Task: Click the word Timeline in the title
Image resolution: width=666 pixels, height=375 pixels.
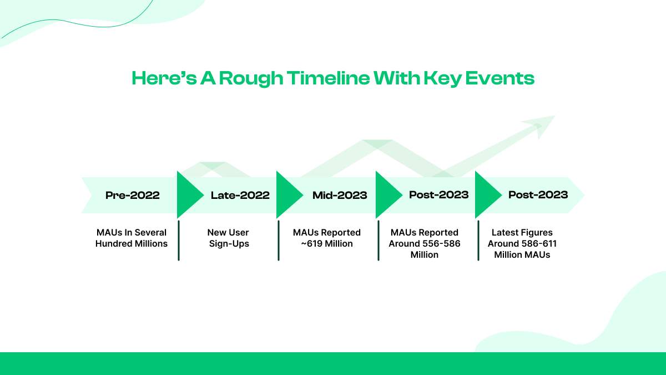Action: [328, 78]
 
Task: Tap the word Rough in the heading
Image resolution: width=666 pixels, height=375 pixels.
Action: [251, 79]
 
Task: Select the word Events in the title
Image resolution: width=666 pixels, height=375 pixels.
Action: [500, 78]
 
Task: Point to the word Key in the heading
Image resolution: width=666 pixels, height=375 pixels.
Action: [442, 79]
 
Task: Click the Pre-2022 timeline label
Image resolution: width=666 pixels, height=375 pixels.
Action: [133, 195]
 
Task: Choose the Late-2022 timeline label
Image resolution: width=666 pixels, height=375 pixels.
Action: [240, 195]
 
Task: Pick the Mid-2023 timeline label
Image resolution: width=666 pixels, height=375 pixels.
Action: [340, 195]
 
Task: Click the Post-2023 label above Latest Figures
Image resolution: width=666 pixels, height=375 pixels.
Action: [538, 194]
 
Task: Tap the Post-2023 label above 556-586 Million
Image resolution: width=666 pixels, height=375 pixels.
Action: [439, 194]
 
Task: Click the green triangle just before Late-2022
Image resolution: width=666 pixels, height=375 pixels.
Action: [188, 195]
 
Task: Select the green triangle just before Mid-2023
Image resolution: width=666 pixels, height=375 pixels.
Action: [287, 195]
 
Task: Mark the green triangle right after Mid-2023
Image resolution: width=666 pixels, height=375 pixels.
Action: [386, 195]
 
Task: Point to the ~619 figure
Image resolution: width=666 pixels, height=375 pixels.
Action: [311, 243]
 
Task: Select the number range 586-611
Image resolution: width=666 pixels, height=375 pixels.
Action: [538, 243]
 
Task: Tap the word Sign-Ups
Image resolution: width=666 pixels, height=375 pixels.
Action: [229, 244]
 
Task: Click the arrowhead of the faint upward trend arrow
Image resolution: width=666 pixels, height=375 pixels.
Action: [541, 126]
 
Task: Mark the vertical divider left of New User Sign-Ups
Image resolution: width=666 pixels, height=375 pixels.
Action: [179, 241]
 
